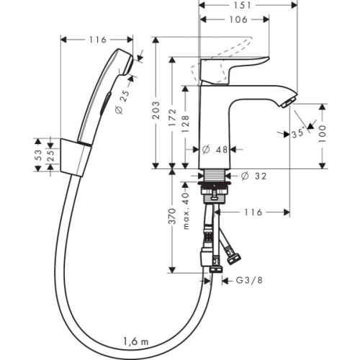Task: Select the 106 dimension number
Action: pos(238,19)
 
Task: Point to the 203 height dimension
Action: pos(156,110)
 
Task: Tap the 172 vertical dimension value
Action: pos(172,117)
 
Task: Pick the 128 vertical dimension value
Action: pos(186,124)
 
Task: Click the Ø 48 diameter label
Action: pos(215,150)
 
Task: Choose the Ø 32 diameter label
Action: pos(253,176)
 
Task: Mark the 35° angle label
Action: pos(298,133)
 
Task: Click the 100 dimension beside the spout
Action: pos(323,133)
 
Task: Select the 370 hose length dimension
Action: pos(172,217)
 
